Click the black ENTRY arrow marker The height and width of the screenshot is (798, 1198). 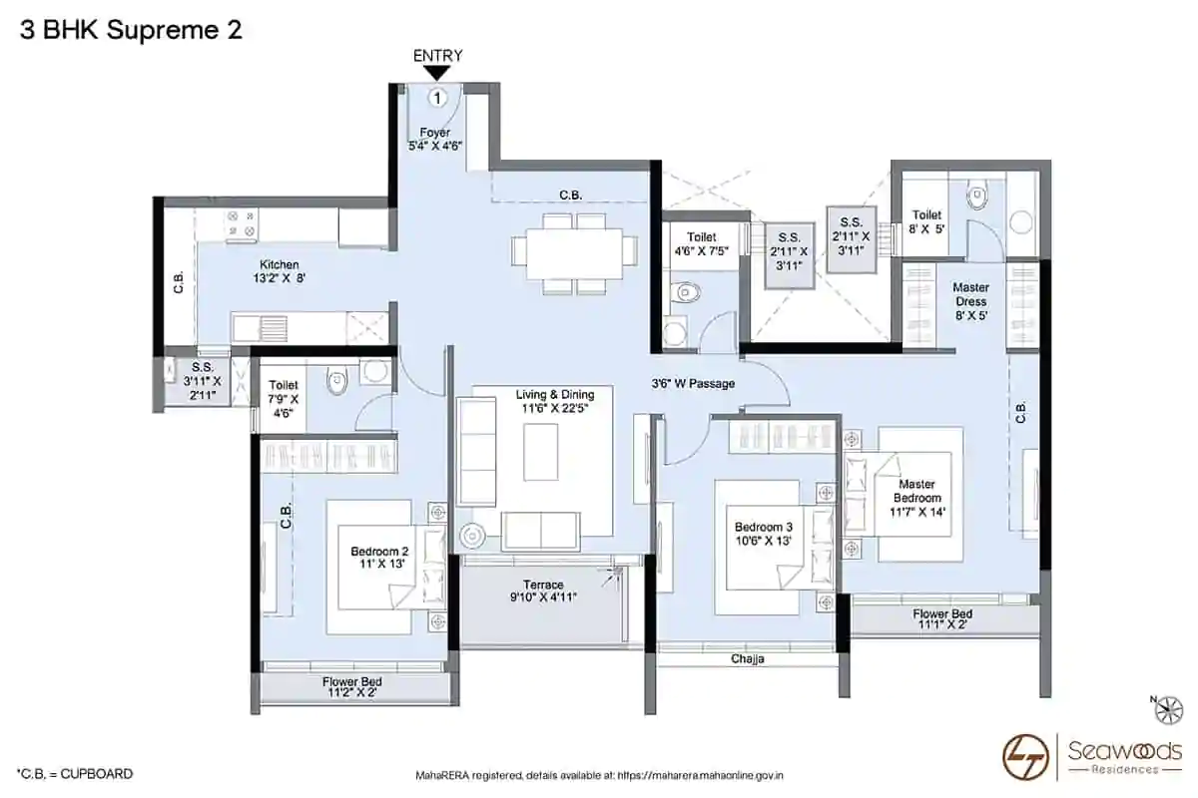point(437,73)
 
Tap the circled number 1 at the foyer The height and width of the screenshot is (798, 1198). point(437,99)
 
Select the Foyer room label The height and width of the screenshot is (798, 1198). point(435,139)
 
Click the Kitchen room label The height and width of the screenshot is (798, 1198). point(280,271)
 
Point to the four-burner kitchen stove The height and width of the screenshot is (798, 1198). point(241,224)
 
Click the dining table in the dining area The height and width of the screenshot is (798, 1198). point(574,254)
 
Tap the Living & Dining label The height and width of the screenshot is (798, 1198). point(555,401)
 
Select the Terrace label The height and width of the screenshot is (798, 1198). point(543,591)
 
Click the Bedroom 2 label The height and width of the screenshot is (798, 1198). point(379,557)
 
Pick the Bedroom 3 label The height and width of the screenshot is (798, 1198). point(763,534)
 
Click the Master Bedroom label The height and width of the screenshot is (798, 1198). point(916,498)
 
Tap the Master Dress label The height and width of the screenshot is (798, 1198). point(970,301)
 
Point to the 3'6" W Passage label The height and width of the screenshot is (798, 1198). point(693,383)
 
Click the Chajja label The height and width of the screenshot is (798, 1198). point(747,659)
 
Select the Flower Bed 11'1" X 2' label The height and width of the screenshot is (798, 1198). point(942,618)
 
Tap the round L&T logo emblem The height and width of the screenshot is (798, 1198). point(1025,757)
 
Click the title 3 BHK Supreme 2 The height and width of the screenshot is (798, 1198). point(131,30)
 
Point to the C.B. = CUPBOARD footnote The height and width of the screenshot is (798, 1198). point(75,773)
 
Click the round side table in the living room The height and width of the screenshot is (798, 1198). point(472,536)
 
